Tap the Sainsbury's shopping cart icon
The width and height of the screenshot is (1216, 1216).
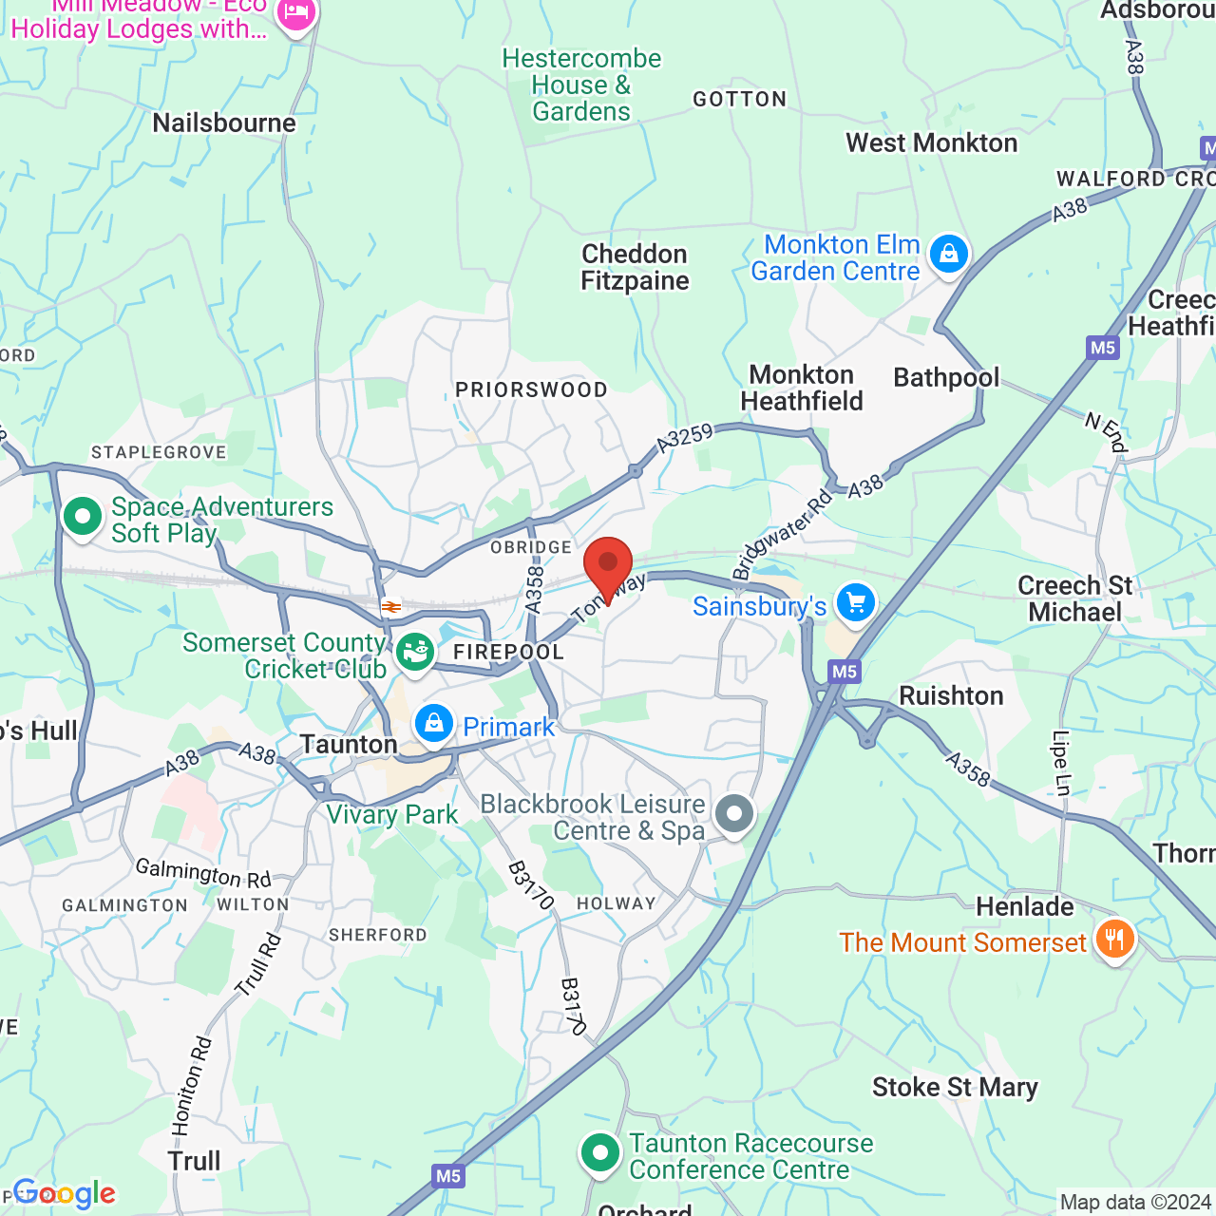pos(855,603)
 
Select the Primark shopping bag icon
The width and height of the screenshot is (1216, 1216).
pos(434,725)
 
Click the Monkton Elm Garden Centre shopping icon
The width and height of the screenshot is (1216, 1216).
pos(948,254)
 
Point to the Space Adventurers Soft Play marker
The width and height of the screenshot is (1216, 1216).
pos(83,518)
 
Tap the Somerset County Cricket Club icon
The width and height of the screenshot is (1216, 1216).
pos(415,652)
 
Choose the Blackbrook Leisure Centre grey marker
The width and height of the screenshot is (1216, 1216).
pos(734,814)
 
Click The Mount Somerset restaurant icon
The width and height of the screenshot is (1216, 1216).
pos(1113,940)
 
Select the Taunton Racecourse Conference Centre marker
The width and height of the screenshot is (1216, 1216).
pos(599,1153)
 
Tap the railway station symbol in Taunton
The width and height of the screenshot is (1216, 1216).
pos(390,606)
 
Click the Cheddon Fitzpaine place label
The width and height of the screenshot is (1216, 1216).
pos(635,268)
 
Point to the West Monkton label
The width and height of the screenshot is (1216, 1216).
pos(931,143)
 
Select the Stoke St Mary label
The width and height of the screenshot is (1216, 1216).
pos(955,1088)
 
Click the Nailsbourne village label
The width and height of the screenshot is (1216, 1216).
pos(224,123)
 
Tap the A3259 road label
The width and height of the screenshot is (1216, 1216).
pos(684,438)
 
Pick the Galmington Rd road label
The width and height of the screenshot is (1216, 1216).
pos(202,873)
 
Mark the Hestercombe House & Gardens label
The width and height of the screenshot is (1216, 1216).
pos(581,85)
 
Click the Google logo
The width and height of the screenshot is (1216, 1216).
pos(65,1193)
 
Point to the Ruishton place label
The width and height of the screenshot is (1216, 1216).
pos(951,696)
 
